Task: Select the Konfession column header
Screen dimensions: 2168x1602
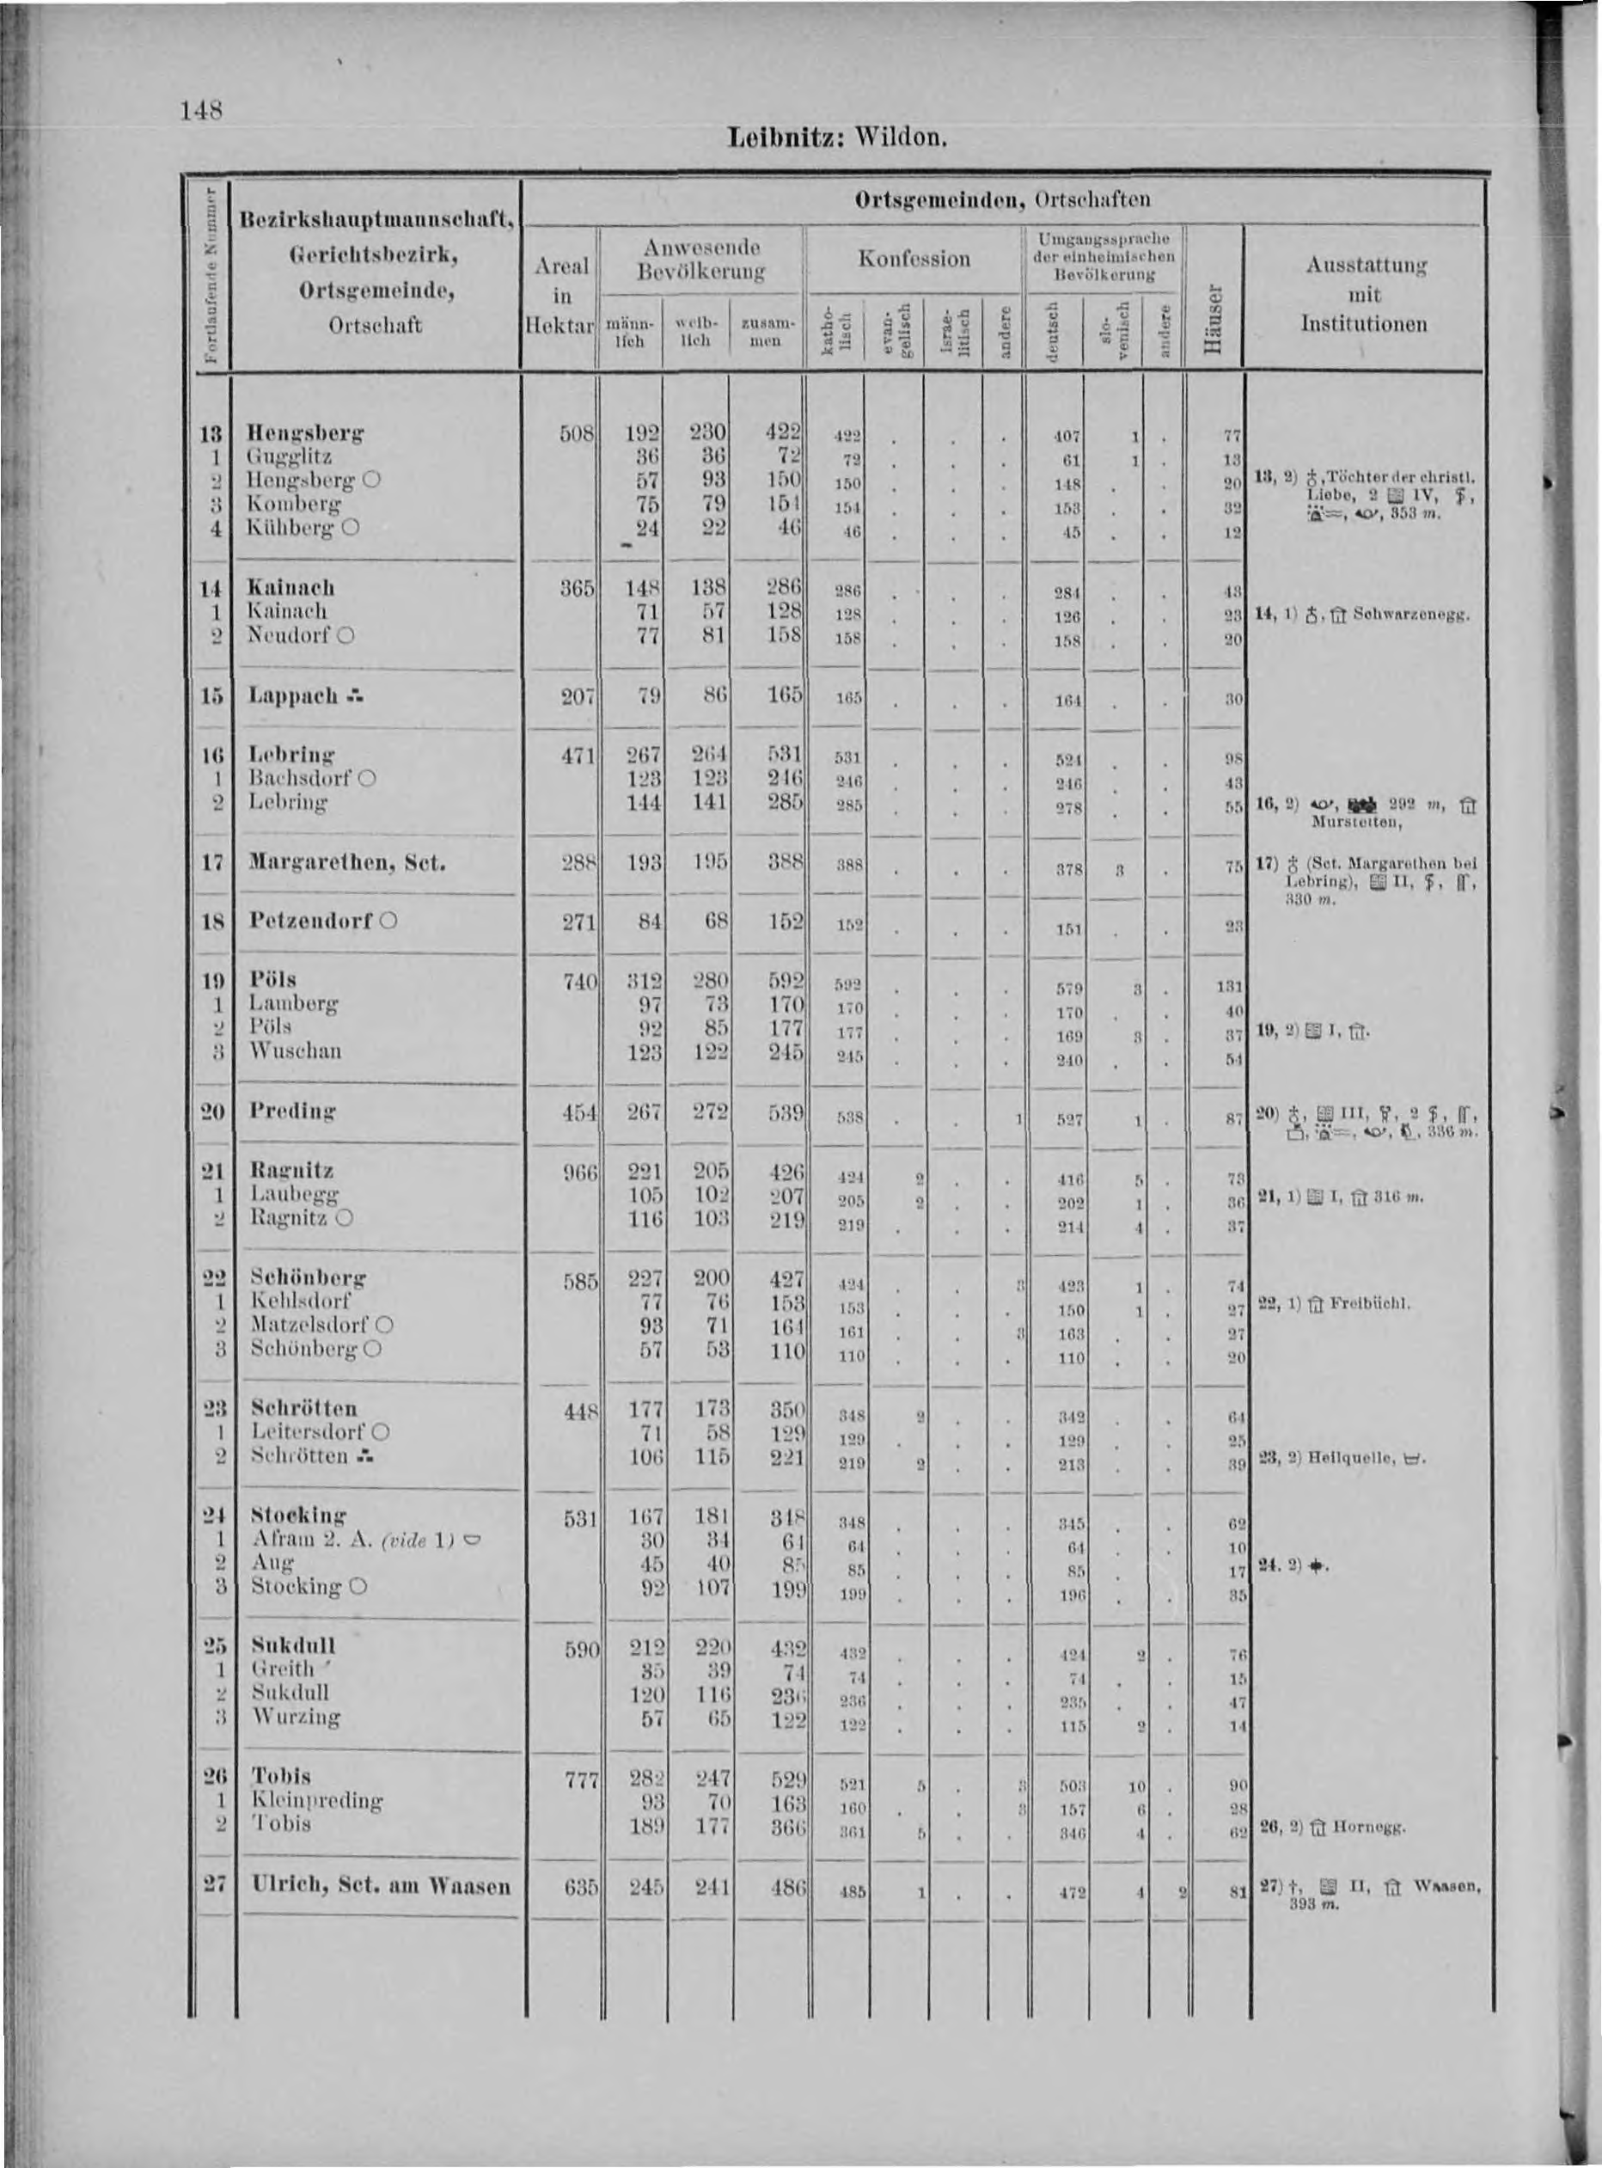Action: point(914,259)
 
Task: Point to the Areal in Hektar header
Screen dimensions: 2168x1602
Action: point(560,295)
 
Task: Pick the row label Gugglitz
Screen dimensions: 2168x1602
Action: point(290,456)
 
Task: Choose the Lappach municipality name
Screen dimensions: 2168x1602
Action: point(293,695)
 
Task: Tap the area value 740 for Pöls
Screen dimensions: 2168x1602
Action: point(580,982)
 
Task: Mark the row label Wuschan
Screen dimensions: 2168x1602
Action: point(295,1050)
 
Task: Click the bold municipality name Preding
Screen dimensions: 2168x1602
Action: point(293,1111)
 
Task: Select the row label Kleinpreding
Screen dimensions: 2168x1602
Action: point(317,1800)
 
